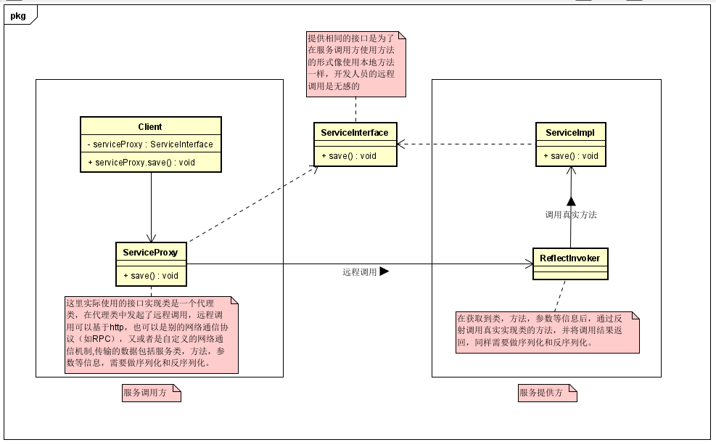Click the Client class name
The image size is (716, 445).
point(149,127)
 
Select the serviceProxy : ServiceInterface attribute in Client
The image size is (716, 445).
point(149,144)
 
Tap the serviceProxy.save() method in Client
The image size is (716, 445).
point(149,163)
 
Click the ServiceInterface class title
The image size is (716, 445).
point(355,133)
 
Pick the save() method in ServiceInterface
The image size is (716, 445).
point(349,155)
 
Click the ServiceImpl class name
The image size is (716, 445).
point(570,133)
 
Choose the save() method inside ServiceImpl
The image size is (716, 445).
point(570,155)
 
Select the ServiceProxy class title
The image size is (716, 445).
point(151,253)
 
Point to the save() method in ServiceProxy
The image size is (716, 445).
point(151,275)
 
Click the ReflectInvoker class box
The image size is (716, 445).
point(569,264)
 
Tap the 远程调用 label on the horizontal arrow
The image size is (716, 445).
point(360,272)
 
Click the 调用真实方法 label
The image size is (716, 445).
point(570,215)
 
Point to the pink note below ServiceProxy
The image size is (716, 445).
point(151,335)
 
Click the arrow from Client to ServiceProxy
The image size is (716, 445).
point(151,207)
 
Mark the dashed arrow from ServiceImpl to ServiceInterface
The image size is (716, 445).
point(464,144)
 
